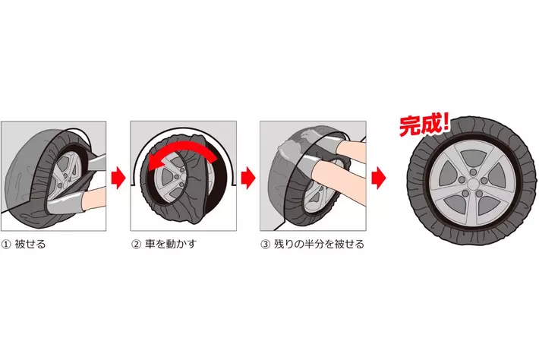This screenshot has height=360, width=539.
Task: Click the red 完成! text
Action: click(x=424, y=125)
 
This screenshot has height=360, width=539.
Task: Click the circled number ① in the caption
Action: click(x=6, y=245)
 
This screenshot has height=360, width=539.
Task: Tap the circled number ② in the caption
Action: click(x=136, y=245)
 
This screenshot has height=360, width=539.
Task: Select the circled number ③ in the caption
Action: click(x=266, y=245)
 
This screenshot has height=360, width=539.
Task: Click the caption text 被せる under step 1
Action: click(x=30, y=245)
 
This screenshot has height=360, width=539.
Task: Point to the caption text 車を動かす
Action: click(x=171, y=244)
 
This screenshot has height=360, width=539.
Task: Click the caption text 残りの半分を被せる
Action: click(x=319, y=244)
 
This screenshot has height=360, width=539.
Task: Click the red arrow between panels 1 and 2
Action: click(x=118, y=178)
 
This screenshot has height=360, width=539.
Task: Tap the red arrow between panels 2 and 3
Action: click(x=247, y=178)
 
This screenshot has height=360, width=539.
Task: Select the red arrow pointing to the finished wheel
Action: click(x=379, y=178)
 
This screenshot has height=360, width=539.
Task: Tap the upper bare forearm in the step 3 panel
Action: click(x=350, y=146)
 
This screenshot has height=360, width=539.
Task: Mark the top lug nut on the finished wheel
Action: click(x=474, y=172)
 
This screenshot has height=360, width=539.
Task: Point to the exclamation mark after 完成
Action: click(x=446, y=122)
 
